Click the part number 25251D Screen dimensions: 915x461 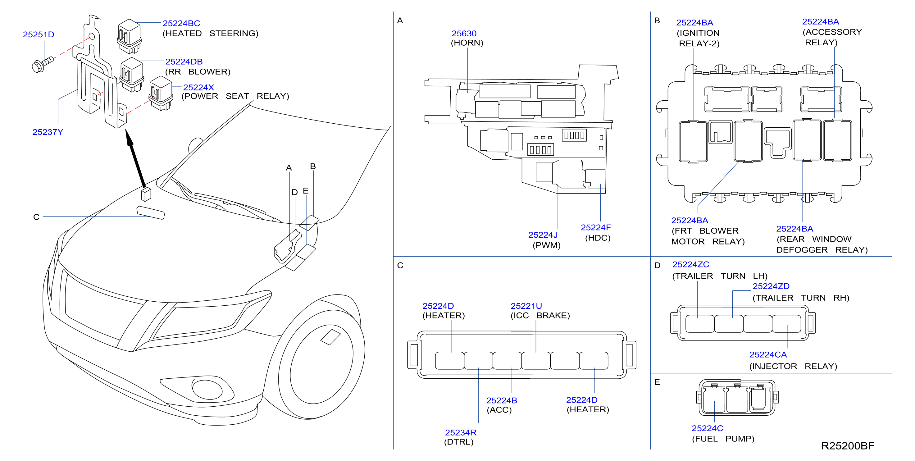(x=39, y=34)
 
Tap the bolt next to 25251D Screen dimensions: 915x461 (x=43, y=64)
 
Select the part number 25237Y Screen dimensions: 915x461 (x=48, y=132)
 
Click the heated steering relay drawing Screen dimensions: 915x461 (x=129, y=36)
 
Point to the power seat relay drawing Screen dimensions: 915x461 (x=161, y=93)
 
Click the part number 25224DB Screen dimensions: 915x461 (x=184, y=62)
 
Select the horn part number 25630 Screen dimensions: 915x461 (x=464, y=33)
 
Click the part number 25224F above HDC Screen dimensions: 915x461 (x=596, y=227)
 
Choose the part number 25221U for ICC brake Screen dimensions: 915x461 (x=526, y=306)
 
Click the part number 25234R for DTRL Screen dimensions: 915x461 (x=461, y=433)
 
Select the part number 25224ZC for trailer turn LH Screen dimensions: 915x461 (x=690, y=265)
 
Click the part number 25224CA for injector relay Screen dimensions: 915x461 (x=768, y=355)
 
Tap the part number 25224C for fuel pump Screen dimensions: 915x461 (x=707, y=428)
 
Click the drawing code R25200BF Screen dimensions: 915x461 (x=848, y=446)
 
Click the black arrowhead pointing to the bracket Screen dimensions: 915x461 (x=130, y=139)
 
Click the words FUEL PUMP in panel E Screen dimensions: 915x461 (x=723, y=439)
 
